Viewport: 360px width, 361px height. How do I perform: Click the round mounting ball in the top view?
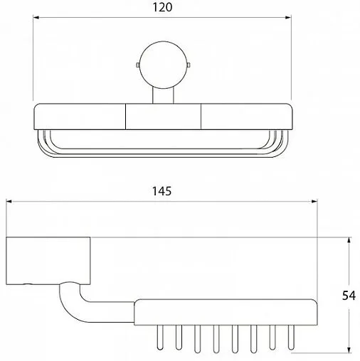coord(163,65)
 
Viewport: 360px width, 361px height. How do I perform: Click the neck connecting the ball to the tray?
coord(163,95)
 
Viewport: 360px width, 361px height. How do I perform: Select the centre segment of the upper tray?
coord(163,117)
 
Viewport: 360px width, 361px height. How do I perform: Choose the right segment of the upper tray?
coord(245,117)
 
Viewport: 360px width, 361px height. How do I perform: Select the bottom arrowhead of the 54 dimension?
coord(349,348)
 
